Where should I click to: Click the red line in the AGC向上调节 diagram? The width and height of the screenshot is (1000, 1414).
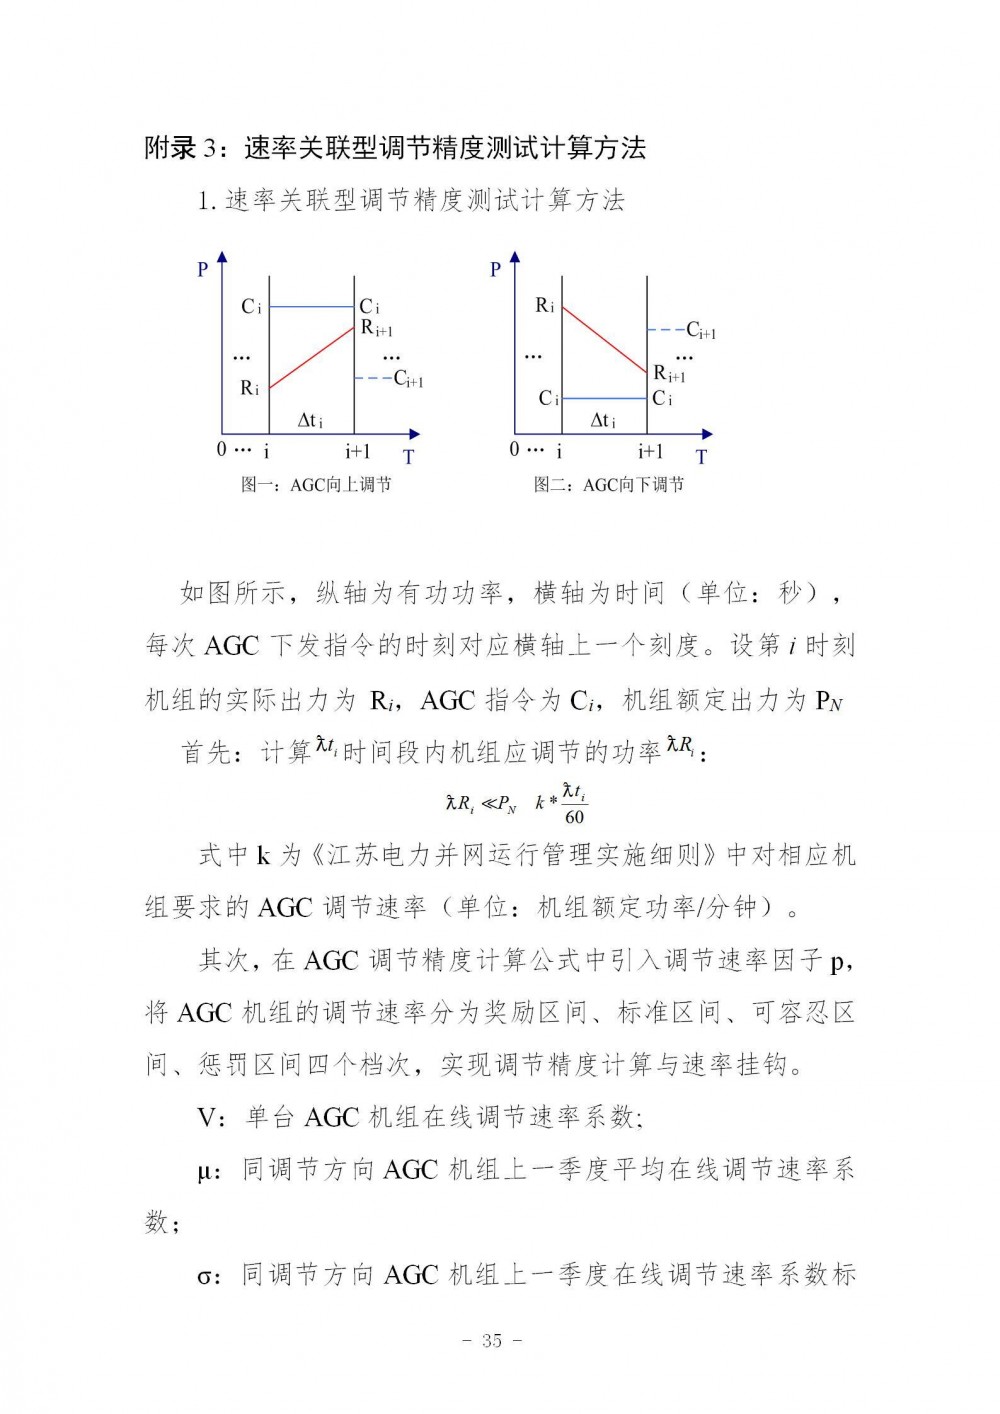(x=312, y=357)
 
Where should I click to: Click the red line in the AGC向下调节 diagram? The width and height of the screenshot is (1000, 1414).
(x=605, y=340)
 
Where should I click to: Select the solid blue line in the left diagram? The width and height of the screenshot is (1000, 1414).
(x=312, y=307)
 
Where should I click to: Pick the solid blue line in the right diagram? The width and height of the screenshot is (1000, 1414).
(x=605, y=398)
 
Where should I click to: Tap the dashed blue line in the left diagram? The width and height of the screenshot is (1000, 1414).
(x=373, y=378)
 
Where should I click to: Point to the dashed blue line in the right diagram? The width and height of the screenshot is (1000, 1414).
(x=665, y=329)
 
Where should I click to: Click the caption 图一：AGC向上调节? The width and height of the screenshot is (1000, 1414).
(x=316, y=485)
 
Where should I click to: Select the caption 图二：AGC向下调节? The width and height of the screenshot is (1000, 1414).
(x=608, y=485)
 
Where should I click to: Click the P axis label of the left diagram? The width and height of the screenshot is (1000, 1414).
(x=203, y=269)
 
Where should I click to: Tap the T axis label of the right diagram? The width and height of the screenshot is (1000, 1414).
(x=702, y=457)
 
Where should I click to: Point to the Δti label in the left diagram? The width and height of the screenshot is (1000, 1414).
(x=311, y=421)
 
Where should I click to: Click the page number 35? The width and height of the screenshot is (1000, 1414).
(x=492, y=1341)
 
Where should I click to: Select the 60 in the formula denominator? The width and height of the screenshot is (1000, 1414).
(x=574, y=817)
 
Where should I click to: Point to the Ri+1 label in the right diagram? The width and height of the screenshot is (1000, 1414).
(x=669, y=374)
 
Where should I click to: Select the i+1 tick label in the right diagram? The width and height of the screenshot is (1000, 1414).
(x=651, y=452)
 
